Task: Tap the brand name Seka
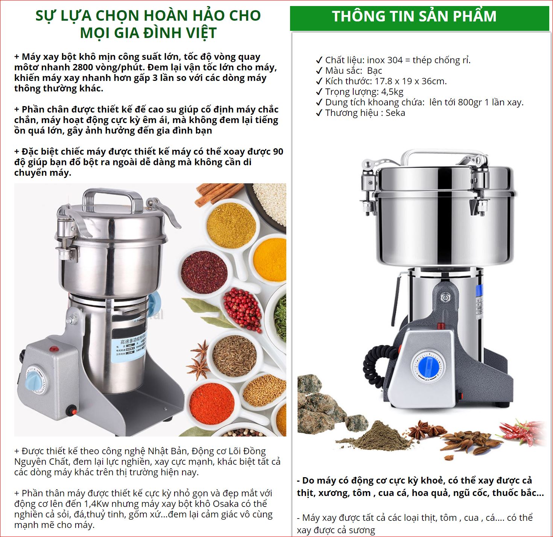pyautogui.click(x=395, y=113)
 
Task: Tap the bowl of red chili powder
pyautogui.click(x=212, y=404)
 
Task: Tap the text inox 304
pyautogui.click(x=385, y=60)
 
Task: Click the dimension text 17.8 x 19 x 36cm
pyautogui.click(x=410, y=81)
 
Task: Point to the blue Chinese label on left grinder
pyautogui.click(x=128, y=347)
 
